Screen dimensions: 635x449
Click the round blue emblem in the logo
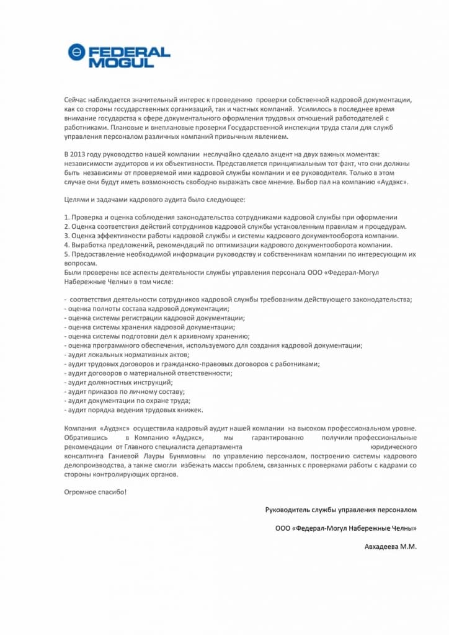pyautogui.click(x=76, y=52)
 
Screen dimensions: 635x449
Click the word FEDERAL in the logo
pyautogui.click(x=128, y=51)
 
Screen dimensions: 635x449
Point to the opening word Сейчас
pyautogui.click(x=78, y=99)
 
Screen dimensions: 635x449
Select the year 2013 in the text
pyautogui.click(x=81, y=153)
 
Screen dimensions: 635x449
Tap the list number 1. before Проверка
pyautogui.click(x=67, y=218)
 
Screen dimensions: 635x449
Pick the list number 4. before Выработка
pyautogui.click(x=67, y=245)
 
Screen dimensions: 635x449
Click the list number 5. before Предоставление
pyautogui.click(x=67, y=254)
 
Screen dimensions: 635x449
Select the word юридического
pyautogui.click(x=393, y=446)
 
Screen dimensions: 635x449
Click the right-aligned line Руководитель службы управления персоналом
pyautogui.click(x=341, y=510)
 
